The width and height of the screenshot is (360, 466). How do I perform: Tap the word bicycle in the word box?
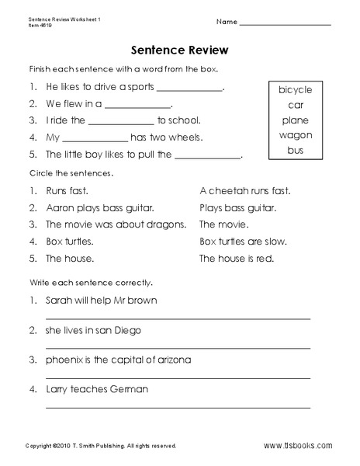point(296,90)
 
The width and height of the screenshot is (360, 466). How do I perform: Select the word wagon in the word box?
point(296,134)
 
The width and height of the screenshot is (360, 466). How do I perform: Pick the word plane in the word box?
point(296,120)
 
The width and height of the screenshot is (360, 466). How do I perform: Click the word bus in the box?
point(296,149)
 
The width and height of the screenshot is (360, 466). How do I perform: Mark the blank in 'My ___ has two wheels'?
point(95,138)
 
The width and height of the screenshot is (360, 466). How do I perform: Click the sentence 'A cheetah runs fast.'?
point(244,190)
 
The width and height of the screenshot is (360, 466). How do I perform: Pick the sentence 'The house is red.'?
point(236,259)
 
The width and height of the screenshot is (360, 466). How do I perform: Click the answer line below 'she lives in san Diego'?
point(178,346)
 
